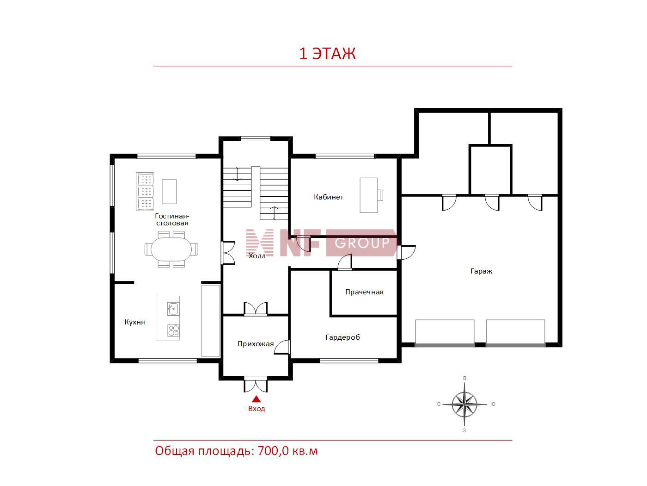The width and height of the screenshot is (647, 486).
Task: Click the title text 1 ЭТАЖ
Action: click(x=327, y=54)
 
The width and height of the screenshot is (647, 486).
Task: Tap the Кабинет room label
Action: click(x=329, y=197)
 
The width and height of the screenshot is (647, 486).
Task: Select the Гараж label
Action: click(x=481, y=271)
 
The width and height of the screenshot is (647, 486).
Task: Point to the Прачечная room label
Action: click(x=364, y=292)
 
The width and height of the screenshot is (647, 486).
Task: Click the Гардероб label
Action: click(x=342, y=337)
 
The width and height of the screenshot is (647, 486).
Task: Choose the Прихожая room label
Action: click(x=256, y=343)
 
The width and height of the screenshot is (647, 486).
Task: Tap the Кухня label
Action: click(x=134, y=322)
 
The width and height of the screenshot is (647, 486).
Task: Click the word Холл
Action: click(x=257, y=256)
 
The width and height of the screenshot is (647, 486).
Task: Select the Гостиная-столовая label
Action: click(x=172, y=219)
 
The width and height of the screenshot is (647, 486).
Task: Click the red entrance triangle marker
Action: click(x=256, y=399)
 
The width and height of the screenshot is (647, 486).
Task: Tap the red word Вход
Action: click(x=256, y=409)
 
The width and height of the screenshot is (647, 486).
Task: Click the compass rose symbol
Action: click(x=464, y=404)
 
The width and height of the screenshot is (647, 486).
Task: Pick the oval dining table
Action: click(x=171, y=249)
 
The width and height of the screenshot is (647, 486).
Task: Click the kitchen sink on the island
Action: click(x=173, y=309)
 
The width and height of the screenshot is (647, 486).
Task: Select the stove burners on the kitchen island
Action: click(x=173, y=330)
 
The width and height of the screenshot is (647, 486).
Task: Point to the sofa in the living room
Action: click(x=145, y=192)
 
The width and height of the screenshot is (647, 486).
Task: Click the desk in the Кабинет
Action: click(x=368, y=195)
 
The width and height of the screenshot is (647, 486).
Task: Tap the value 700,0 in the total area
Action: click(x=273, y=451)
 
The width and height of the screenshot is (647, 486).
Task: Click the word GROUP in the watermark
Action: click(x=362, y=243)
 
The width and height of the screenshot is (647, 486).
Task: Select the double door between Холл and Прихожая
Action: click(x=256, y=309)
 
